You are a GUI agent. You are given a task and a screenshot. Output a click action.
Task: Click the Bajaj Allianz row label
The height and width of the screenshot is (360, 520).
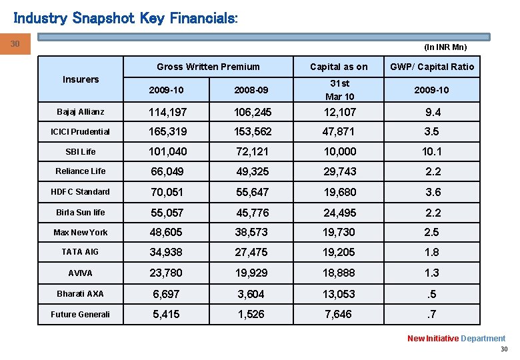click(80, 112)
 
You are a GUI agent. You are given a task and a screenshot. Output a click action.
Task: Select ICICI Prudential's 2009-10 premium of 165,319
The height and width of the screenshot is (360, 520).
click(168, 132)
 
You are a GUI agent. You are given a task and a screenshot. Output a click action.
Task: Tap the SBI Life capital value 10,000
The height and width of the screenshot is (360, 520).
click(339, 152)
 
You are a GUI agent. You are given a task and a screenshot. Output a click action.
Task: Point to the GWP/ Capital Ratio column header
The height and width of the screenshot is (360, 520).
click(432, 66)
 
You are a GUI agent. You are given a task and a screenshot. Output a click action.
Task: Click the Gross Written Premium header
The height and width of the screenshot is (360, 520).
click(208, 66)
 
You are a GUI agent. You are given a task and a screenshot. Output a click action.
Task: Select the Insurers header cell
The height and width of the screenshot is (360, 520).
click(81, 79)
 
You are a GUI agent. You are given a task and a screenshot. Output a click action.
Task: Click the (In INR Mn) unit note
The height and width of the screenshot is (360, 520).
click(445, 47)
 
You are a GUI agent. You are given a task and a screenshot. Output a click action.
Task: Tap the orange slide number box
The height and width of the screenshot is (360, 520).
click(15, 45)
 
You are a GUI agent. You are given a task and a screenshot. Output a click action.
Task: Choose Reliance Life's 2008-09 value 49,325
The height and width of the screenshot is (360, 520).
click(251, 172)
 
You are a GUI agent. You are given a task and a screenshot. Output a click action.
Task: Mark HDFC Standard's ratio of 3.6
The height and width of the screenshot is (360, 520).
click(433, 192)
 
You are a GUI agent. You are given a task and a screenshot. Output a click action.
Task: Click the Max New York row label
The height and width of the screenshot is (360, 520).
click(80, 233)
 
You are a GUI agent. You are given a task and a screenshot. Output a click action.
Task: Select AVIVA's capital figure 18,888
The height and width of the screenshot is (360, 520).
click(339, 273)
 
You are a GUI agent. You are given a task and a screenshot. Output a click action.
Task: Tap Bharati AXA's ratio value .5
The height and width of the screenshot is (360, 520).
click(433, 294)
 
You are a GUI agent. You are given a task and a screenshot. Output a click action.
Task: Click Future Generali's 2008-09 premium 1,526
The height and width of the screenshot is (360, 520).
click(251, 314)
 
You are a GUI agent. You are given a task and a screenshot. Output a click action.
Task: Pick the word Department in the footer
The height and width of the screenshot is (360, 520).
click(483, 339)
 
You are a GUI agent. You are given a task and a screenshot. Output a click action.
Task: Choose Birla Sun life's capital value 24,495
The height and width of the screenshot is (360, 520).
click(339, 213)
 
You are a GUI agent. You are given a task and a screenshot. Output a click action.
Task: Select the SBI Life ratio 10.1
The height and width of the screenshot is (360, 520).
click(433, 152)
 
